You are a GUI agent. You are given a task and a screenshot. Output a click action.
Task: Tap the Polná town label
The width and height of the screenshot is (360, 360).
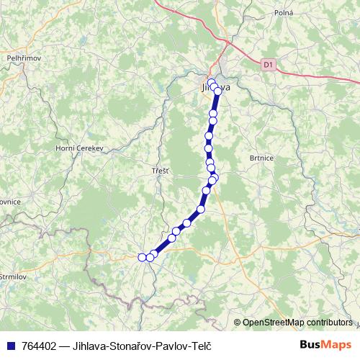pyautogui.click(x=283, y=13)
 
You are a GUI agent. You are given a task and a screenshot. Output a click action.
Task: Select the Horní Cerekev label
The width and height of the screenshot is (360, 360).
pyautogui.click(x=80, y=148)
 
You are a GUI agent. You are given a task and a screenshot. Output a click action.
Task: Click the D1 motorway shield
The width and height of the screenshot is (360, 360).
pyautogui.click(x=269, y=64)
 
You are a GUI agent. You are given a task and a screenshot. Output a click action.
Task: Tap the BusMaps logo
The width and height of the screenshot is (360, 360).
pyautogui.click(x=326, y=344)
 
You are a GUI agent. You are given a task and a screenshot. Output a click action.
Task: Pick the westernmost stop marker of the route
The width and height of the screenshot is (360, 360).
pyautogui.click(x=142, y=257)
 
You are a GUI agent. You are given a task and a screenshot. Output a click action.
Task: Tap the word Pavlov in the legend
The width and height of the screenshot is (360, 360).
pyautogui.click(x=168, y=345)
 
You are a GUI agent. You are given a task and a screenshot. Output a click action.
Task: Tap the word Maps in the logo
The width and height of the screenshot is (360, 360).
pyautogui.click(x=338, y=344)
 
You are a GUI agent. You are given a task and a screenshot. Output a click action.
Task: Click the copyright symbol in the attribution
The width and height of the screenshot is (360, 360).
pyautogui.click(x=238, y=322)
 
